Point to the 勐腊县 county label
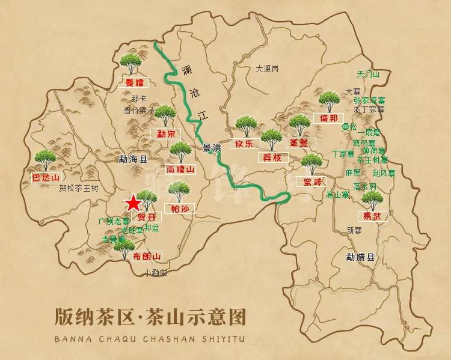tap(360, 257)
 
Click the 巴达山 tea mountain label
tap(46, 177)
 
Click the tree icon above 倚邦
tap(328, 100)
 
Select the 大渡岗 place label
tap(266, 69)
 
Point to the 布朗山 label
tap(147, 257)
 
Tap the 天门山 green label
tap(368, 75)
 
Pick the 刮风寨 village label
tap(384, 173)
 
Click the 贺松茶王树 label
tap(79, 188)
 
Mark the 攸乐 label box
tap(247, 143)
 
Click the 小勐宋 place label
tap(155, 273)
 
